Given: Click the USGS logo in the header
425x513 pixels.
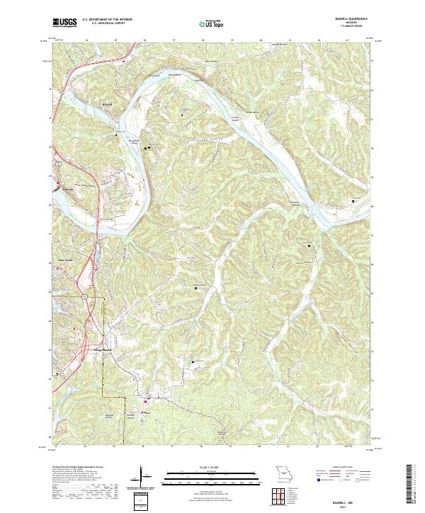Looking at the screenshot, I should [x=64, y=23].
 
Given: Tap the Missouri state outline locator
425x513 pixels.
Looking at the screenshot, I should [x=283, y=473].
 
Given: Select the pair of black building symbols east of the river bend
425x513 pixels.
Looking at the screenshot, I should [x=147, y=147].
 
